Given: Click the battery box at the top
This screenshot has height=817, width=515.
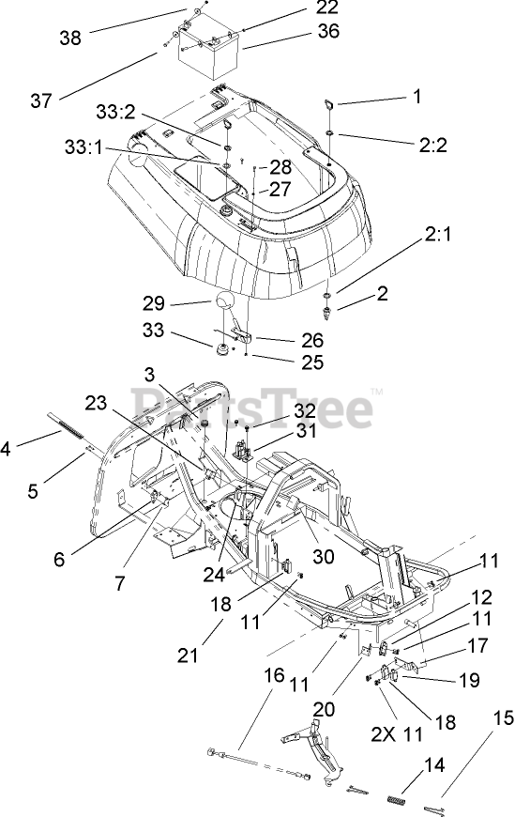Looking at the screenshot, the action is pos(209,51).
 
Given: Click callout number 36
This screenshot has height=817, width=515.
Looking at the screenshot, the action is pos(328,31).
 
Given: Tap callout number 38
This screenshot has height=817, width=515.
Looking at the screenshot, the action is pos(70,38).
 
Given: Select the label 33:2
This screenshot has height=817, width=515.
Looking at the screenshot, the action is pos(115,112).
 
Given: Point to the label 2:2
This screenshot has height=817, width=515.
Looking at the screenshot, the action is pos(432,145).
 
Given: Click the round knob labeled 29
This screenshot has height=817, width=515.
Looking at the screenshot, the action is pos(223,302).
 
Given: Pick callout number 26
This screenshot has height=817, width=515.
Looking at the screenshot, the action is pos(312,340).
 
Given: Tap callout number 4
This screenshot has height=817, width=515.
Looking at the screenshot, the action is pos(6,449).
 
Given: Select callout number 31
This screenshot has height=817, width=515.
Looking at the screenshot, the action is pos(306,430).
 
